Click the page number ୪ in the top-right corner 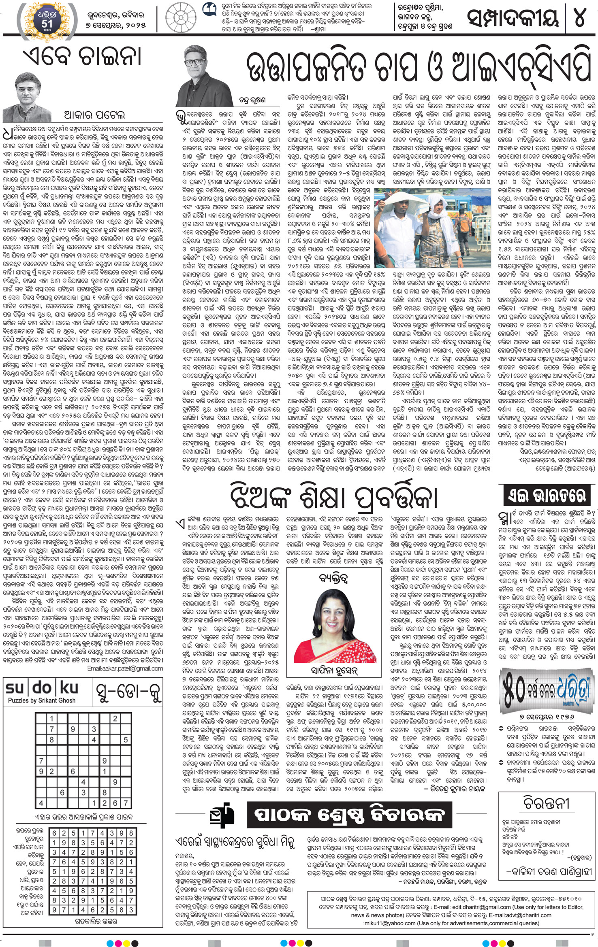(x=580, y=18)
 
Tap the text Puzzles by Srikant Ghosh (x=42, y=700)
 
